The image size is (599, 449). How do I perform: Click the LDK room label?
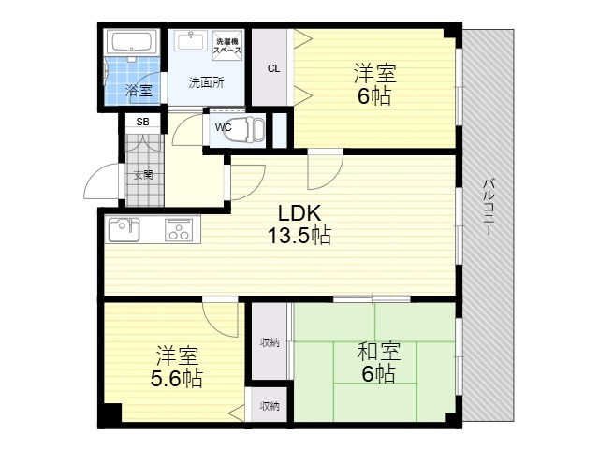299,213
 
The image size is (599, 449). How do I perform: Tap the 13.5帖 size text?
299,236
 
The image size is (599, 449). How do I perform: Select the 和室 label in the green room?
378,352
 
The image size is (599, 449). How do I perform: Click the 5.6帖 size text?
177,378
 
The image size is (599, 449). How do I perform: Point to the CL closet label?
273,68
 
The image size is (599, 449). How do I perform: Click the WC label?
223,127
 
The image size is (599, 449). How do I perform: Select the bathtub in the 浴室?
133,42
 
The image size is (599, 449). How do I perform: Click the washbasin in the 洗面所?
191,40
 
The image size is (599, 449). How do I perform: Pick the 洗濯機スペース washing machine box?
227,46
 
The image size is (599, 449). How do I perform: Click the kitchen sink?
124,229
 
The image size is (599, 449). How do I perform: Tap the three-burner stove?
178,229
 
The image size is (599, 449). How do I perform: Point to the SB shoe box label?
143,122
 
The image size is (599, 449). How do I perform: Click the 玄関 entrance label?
143,175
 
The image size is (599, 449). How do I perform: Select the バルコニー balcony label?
489,207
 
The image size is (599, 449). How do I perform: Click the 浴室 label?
139,90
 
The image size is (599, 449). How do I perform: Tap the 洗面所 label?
206,82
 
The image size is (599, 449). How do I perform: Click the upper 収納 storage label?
270,342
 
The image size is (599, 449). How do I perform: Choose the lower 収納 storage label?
270,406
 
